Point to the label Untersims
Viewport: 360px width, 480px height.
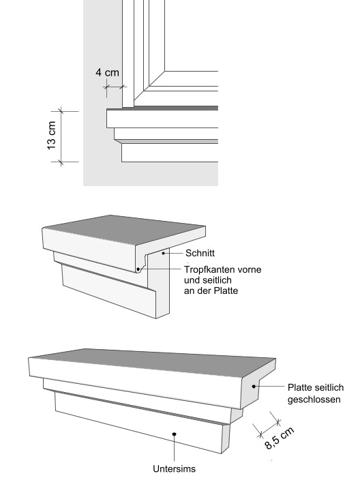point(175,469)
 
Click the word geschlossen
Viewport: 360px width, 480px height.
point(314,400)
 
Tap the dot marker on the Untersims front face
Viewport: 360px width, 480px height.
point(175,432)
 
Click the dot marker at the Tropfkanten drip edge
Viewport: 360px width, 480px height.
point(138,269)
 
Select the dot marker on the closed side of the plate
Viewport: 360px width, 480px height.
point(256,387)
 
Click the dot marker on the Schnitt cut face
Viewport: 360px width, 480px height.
point(164,253)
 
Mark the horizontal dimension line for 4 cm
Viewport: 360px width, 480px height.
point(113,87)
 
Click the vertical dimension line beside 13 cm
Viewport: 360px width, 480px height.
point(60,136)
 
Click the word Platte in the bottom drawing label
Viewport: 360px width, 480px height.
point(301,387)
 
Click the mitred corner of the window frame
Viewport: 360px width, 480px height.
point(157,78)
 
